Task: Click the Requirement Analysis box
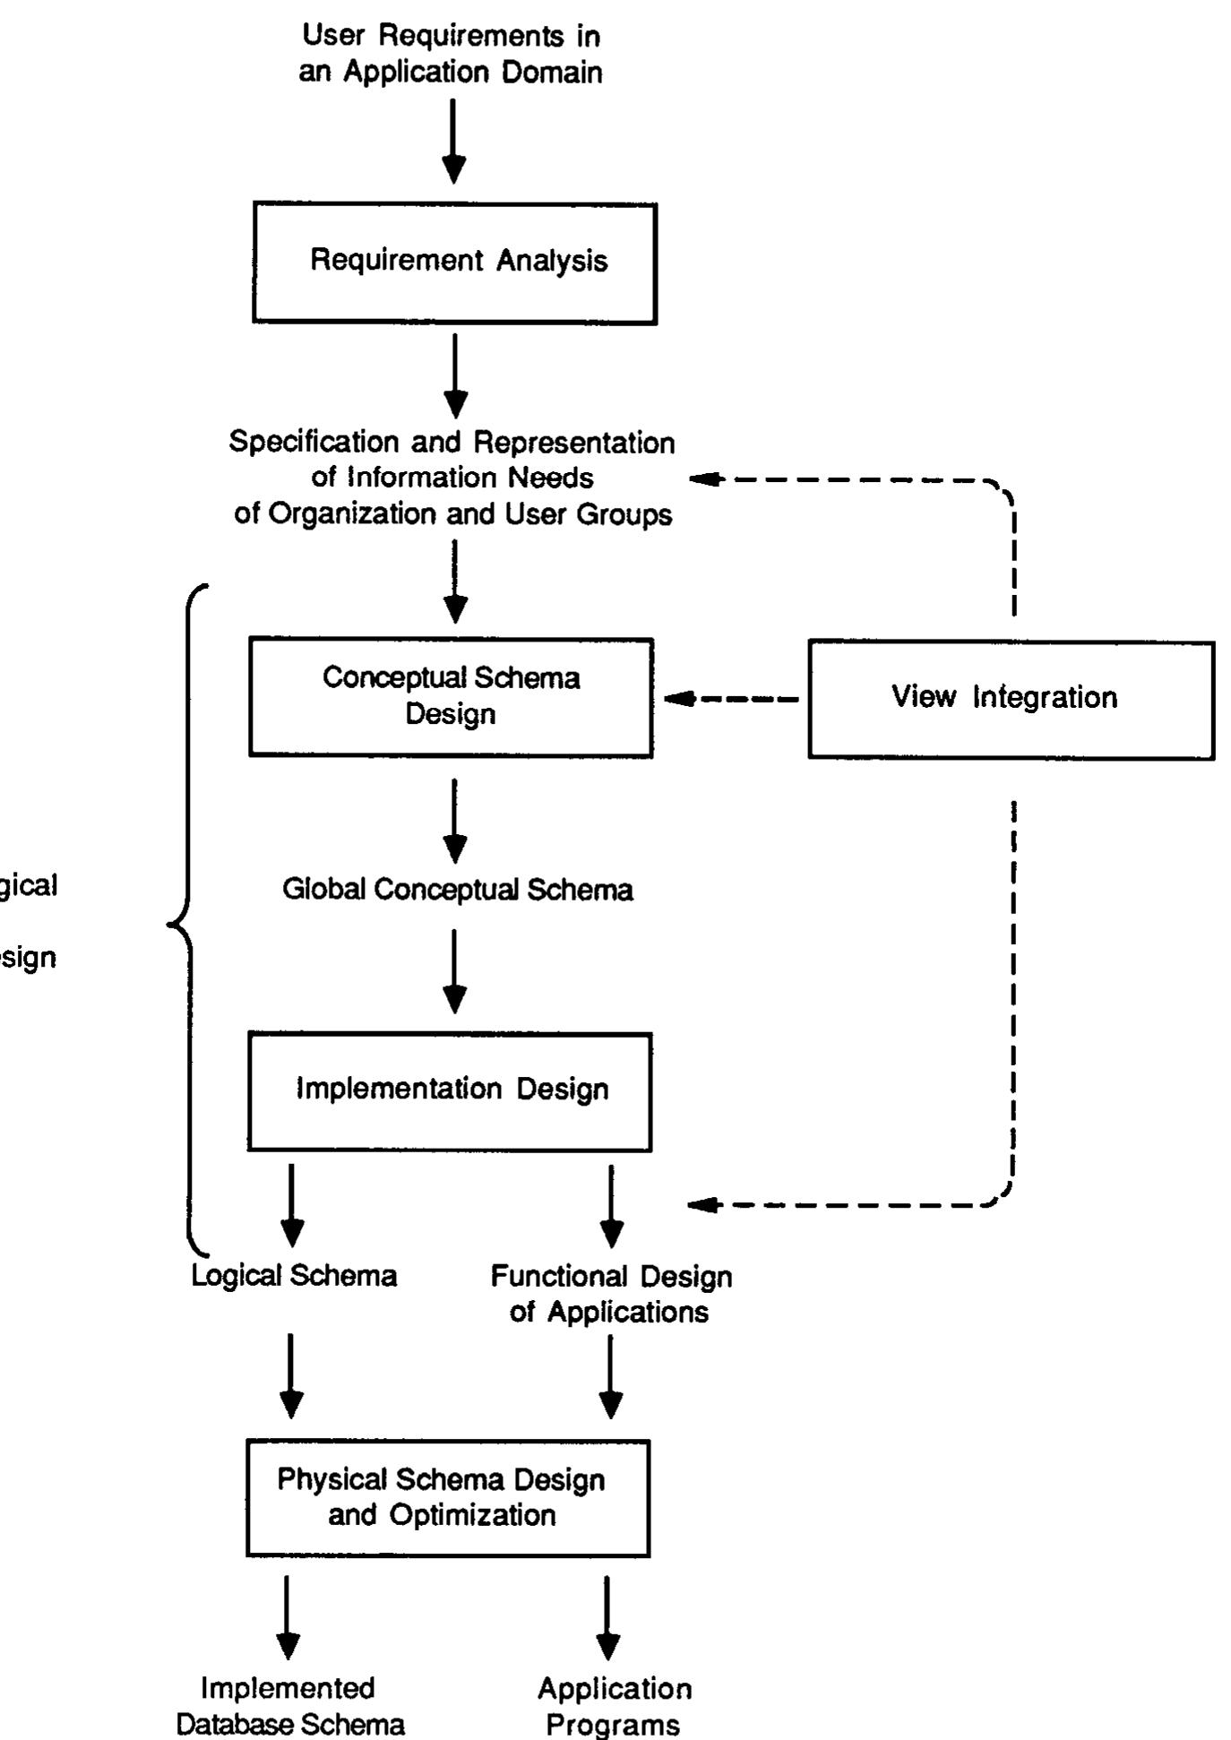tap(455, 263)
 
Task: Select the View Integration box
tap(1011, 699)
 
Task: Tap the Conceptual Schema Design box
tap(451, 697)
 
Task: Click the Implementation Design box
tap(450, 1090)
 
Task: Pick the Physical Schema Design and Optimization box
tap(448, 1497)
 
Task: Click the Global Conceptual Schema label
tap(457, 890)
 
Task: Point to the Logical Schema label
tap(294, 1275)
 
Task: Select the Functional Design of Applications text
tap(611, 1293)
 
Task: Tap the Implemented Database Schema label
tap(289, 1706)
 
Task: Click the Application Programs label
tap(614, 1706)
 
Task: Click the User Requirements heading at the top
tap(451, 54)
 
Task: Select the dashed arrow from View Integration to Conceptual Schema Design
tap(730, 699)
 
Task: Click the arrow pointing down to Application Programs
tap(607, 1616)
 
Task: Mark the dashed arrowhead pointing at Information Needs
tap(706, 479)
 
